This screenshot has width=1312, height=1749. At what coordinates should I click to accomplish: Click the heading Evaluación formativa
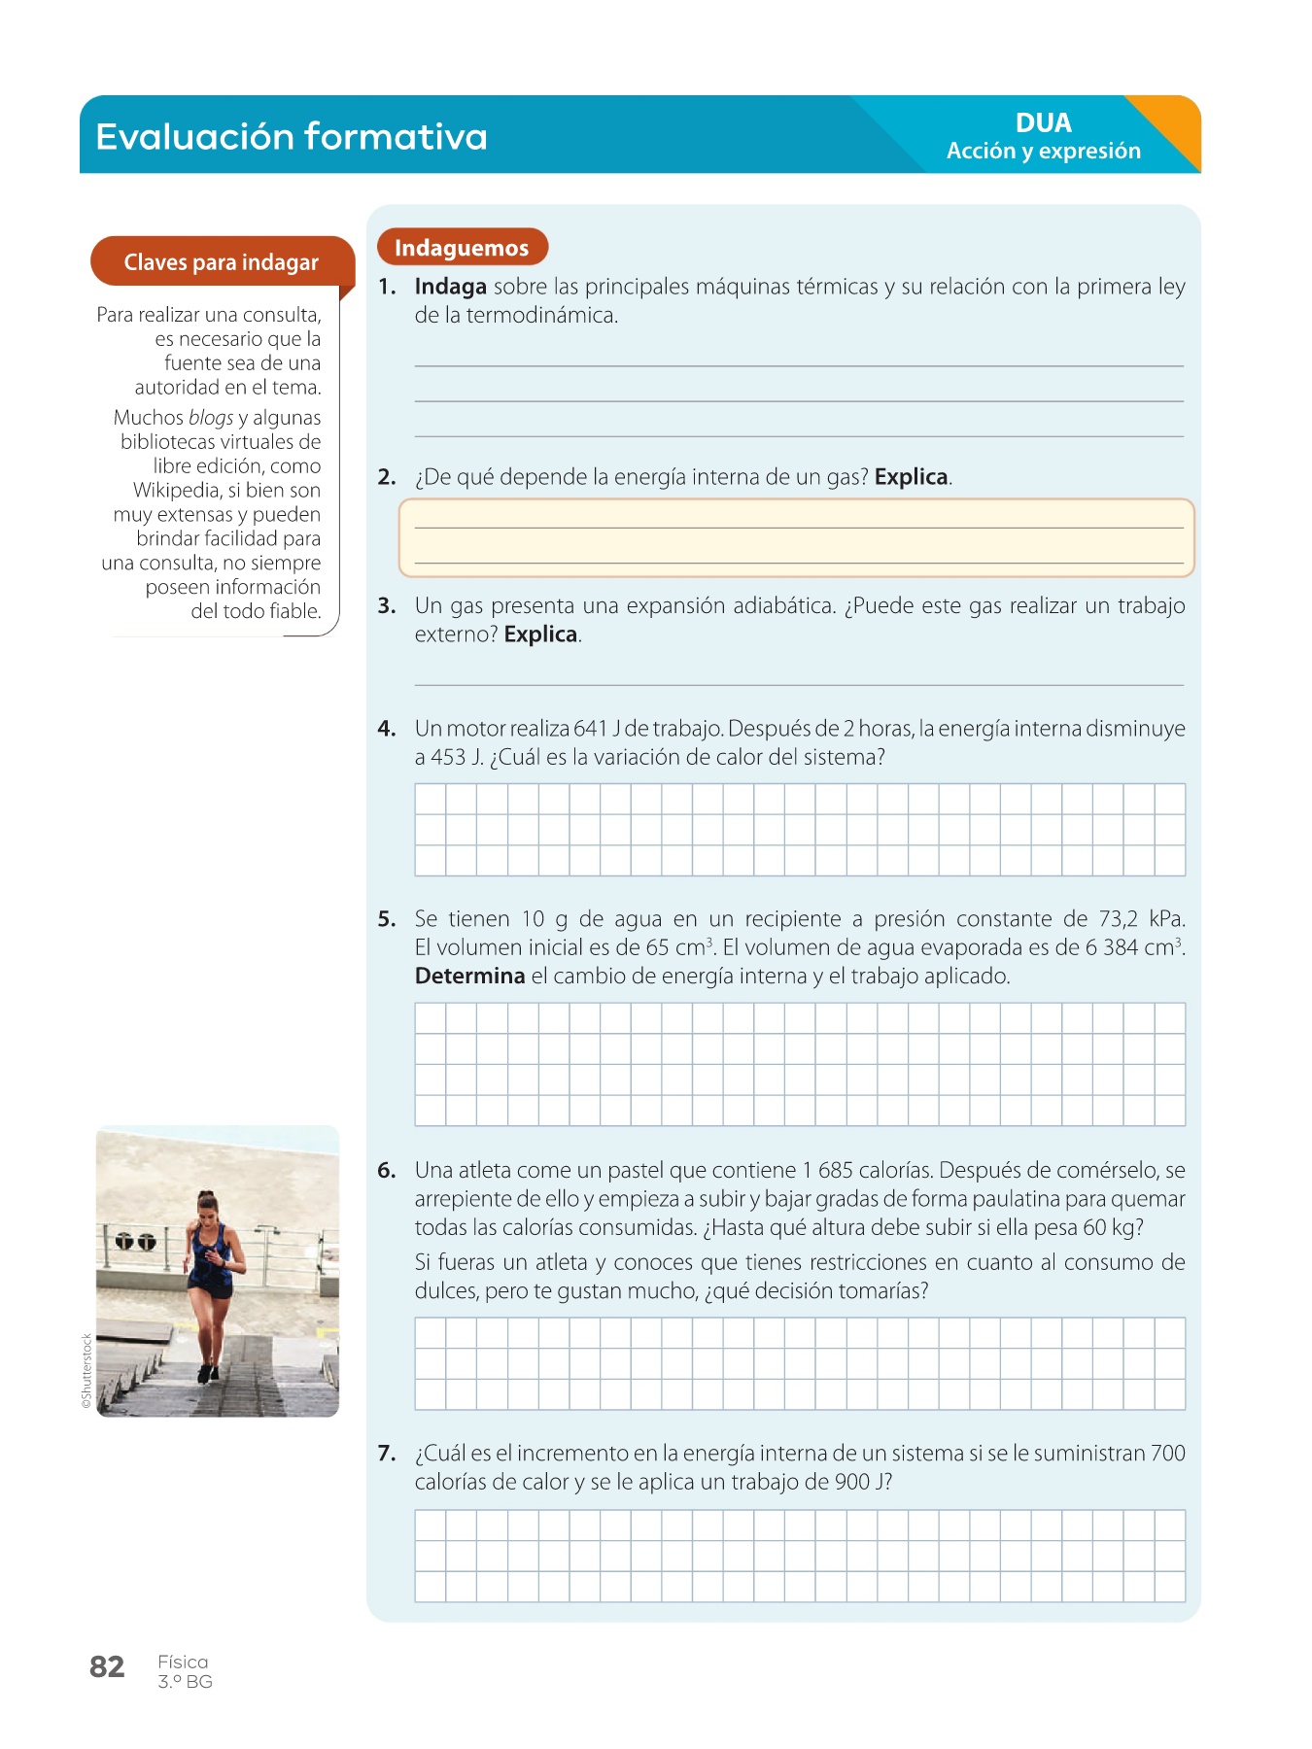tap(292, 136)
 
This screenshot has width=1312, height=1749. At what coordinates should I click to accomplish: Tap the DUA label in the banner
tap(1043, 122)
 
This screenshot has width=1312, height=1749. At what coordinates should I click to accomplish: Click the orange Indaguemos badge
tap(462, 248)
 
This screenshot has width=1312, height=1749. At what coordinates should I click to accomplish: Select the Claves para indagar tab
tap(221, 262)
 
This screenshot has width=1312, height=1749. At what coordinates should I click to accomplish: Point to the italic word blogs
tap(211, 418)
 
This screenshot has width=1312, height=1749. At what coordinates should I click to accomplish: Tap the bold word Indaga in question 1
tap(450, 287)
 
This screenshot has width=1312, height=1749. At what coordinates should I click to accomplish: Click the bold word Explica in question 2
tap(911, 477)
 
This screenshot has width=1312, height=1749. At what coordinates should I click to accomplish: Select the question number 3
tap(387, 606)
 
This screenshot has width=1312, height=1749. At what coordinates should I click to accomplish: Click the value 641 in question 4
tap(590, 729)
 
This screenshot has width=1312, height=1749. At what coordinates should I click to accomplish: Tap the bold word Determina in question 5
tap(469, 977)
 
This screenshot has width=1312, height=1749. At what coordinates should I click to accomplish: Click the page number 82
tap(107, 1667)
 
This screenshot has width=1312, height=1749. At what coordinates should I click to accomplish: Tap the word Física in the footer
tap(183, 1663)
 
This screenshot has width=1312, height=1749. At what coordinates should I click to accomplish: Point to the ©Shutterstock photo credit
tap(86, 1371)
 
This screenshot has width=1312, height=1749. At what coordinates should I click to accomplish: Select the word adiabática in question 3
tap(783, 606)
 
